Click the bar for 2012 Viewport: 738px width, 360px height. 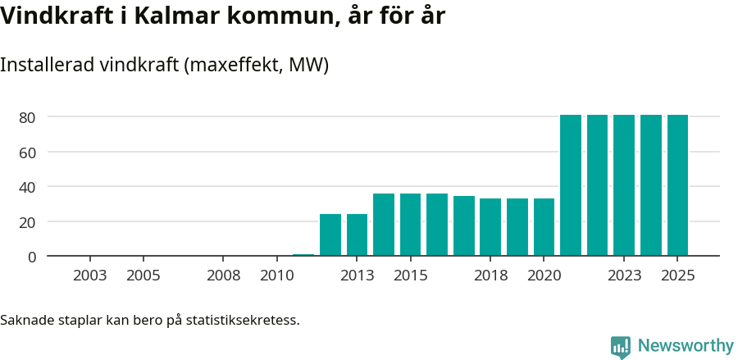[330, 235]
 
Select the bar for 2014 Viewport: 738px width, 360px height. [384, 225]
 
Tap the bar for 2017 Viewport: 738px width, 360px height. [464, 226]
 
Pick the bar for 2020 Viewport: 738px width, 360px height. [544, 227]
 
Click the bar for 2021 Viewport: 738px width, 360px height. [571, 185]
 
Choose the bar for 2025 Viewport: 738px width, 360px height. [677, 185]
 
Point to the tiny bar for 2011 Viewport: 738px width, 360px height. [303, 255]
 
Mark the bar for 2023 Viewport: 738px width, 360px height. [624, 185]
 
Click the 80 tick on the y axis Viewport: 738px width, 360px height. [27, 117]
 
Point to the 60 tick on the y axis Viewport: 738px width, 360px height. [27, 153]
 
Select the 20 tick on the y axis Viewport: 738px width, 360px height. [27, 222]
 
